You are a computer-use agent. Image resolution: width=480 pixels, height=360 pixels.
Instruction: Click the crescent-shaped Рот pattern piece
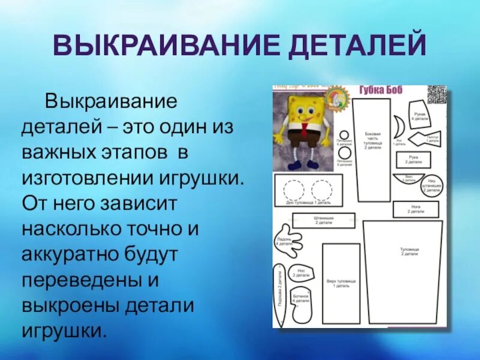click(399, 128)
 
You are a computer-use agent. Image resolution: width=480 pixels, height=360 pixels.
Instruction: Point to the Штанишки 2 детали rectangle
click(323, 220)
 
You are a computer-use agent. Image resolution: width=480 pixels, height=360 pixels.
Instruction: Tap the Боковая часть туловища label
click(372, 141)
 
